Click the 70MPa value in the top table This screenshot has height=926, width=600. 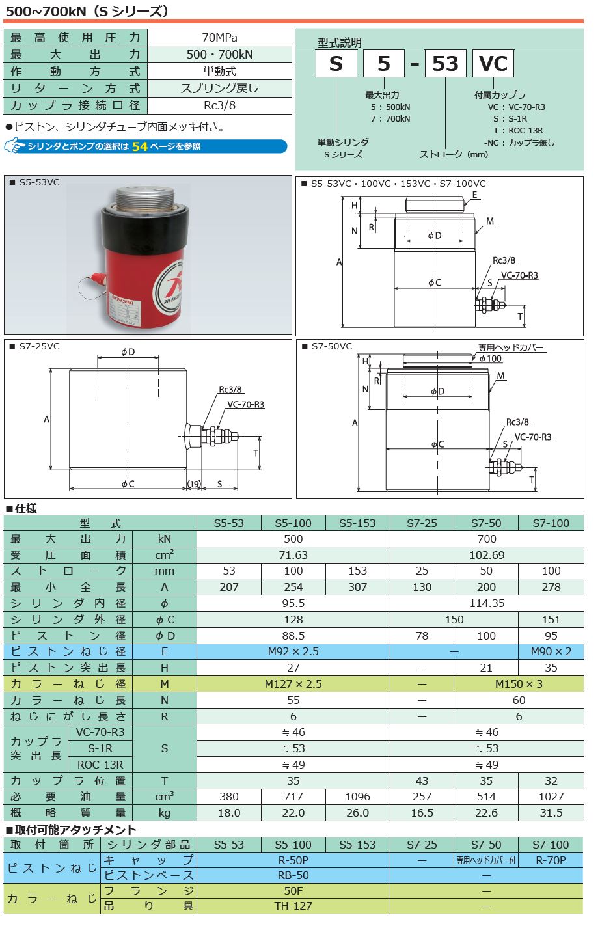tap(219, 38)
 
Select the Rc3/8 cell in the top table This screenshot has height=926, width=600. tap(219, 105)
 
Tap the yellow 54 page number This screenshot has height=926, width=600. tap(140, 146)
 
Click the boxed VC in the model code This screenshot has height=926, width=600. tap(493, 64)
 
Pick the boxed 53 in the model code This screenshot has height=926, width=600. tap(445, 64)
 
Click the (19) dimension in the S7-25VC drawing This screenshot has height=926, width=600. tap(194, 483)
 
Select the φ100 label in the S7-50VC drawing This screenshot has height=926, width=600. tap(490, 359)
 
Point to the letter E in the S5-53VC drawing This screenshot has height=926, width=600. tap(475, 195)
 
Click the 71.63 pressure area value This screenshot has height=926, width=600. tap(293, 555)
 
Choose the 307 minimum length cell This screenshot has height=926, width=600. tap(357, 587)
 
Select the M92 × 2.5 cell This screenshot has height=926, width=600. tap(293, 651)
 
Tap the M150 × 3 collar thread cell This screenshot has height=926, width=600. tap(519, 684)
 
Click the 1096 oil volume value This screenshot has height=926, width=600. tap(357, 797)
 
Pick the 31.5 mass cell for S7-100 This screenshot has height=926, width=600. tap(551, 813)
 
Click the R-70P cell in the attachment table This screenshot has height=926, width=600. tap(551, 860)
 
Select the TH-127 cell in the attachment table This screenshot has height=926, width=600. tap(293, 906)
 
